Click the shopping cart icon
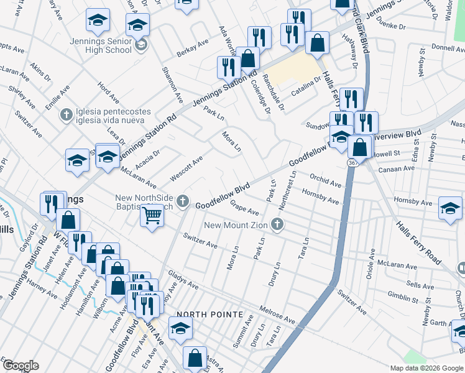click(x=152, y=216)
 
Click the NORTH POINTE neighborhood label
click(x=209, y=315)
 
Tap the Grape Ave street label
click(x=244, y=207)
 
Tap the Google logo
click(x=21, y=366)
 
